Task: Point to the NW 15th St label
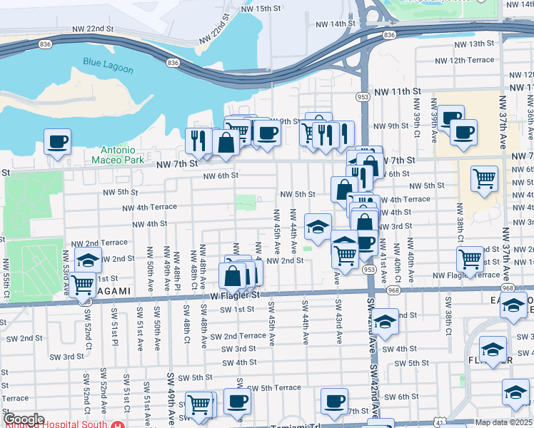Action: (262, 9)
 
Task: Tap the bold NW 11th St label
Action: (398, 92)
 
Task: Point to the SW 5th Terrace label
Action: (275, 388)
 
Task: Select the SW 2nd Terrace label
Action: (243, 336)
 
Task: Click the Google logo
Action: (24, 419)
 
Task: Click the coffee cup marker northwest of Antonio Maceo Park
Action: (57, 141)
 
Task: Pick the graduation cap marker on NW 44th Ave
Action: (318, 227)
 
